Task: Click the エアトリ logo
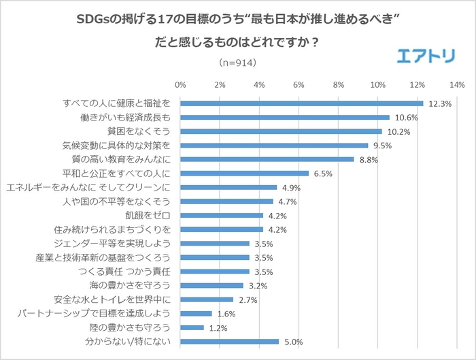pyautogui.click(x=426, y=56)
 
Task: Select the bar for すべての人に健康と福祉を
pyautogui.click(x=302, y=103)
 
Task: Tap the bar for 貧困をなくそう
pyautogui.click(x=281, y=131)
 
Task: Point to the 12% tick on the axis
pyautogui.click(x=417, y=85)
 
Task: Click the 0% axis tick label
pyautogui.click(x=180, y=85)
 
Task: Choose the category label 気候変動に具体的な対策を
pyautogui.click(x=115, y=145)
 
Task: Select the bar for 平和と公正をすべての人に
pyautogui.click(x=245, y=173)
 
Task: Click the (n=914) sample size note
pyautogui.click(x=237, y=62)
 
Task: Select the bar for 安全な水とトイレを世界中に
pyautogui.click(x=207, y=299)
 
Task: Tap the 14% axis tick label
pyautogui.click(x=456, y=85)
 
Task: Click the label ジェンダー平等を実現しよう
pyautogui.click(x=111, y=243)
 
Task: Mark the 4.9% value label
pyautogui.click(x=291, y=188)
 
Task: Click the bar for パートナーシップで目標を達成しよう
pyautogui.click(x=196, y=314)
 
